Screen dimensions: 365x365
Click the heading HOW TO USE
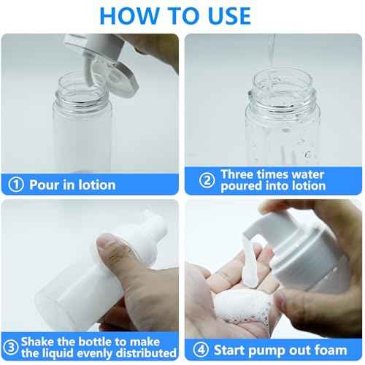pyautogui.click(x=174, y=15)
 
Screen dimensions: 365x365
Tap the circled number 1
pyautogui.click(x=15, y=185)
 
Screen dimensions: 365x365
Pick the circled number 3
pyautogui.click(x=11, y=346)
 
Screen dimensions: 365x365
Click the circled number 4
pyautogui.click(x=200, y=348)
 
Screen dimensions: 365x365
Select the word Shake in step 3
pyautogui.click(x=41, y=341)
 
